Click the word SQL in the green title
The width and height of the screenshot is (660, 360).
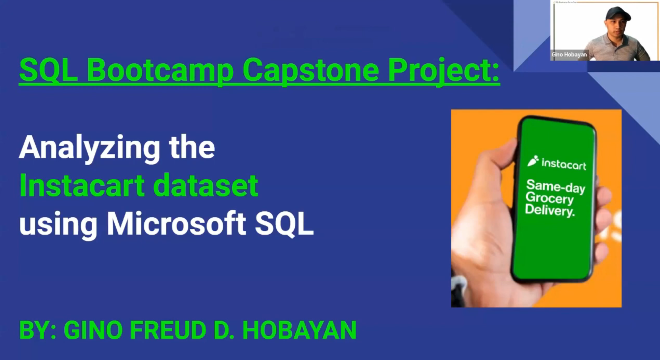[48, 70]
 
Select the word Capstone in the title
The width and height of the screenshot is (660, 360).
[311, 70]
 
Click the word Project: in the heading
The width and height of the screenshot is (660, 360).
[443, 70]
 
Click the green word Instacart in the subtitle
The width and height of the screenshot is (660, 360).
[82, 186]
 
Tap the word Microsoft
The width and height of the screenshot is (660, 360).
[176, 224]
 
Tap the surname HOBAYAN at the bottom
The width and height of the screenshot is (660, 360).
[299, 330]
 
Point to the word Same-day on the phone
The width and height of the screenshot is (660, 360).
[555, 187]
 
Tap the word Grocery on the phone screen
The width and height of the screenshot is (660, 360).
[549, 199]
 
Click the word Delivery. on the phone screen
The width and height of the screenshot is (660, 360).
[550, 210]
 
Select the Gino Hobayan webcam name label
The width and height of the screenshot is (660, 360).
[569, 54]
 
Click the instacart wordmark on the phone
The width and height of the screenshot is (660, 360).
[564, 164]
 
